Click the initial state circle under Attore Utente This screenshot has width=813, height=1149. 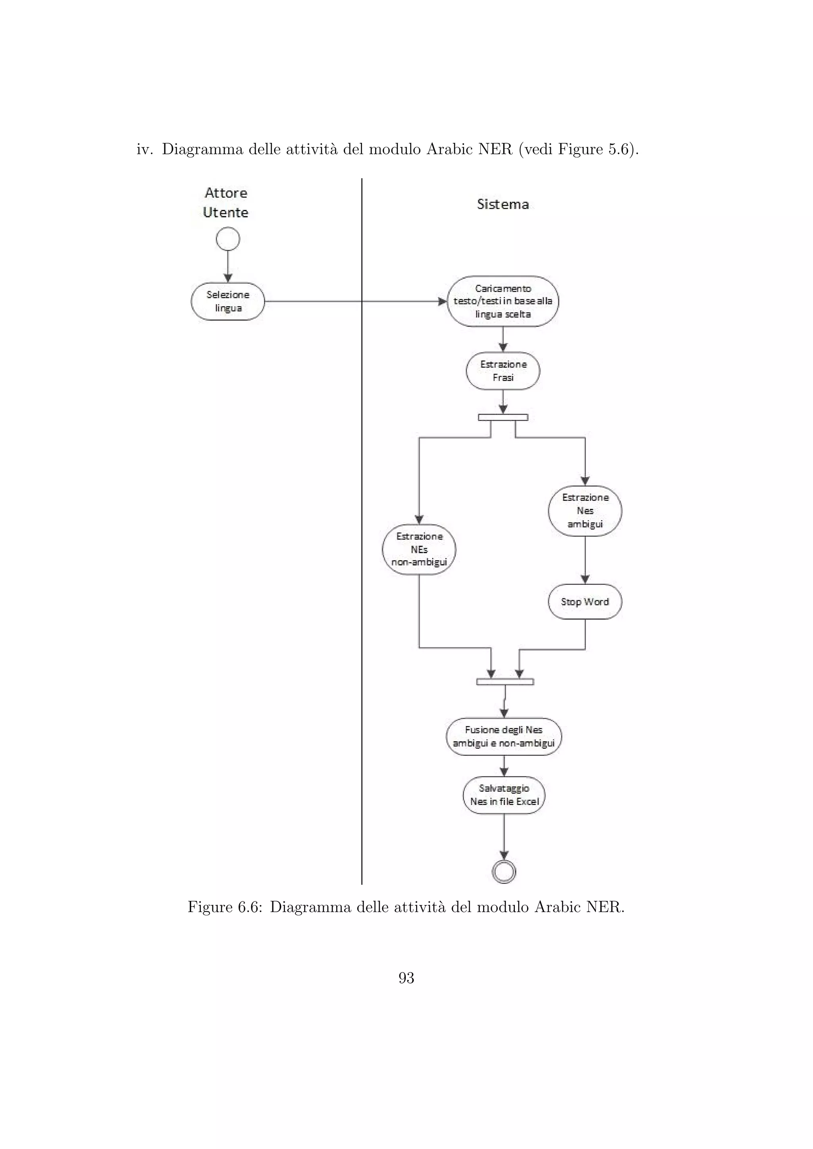(228, 239)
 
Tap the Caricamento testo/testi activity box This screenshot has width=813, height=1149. (503, 301)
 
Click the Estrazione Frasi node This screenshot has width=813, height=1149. (503, 371)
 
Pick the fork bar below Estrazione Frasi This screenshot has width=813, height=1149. (503, 417)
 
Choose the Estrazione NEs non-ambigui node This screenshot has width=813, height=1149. (419, 550)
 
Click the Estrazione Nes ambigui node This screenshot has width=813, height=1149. (585, 511)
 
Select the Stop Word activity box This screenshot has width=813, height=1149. (585, 601)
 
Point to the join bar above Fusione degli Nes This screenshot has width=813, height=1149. (505, 682)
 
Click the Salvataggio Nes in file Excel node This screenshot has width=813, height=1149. (504, 795)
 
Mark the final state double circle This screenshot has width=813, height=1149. (504, 872)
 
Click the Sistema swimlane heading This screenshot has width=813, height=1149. (503, 204)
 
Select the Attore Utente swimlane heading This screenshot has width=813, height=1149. (226, 203)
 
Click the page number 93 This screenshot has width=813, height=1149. (406, 978)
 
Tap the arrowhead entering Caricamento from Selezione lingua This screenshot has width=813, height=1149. (443, 302)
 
